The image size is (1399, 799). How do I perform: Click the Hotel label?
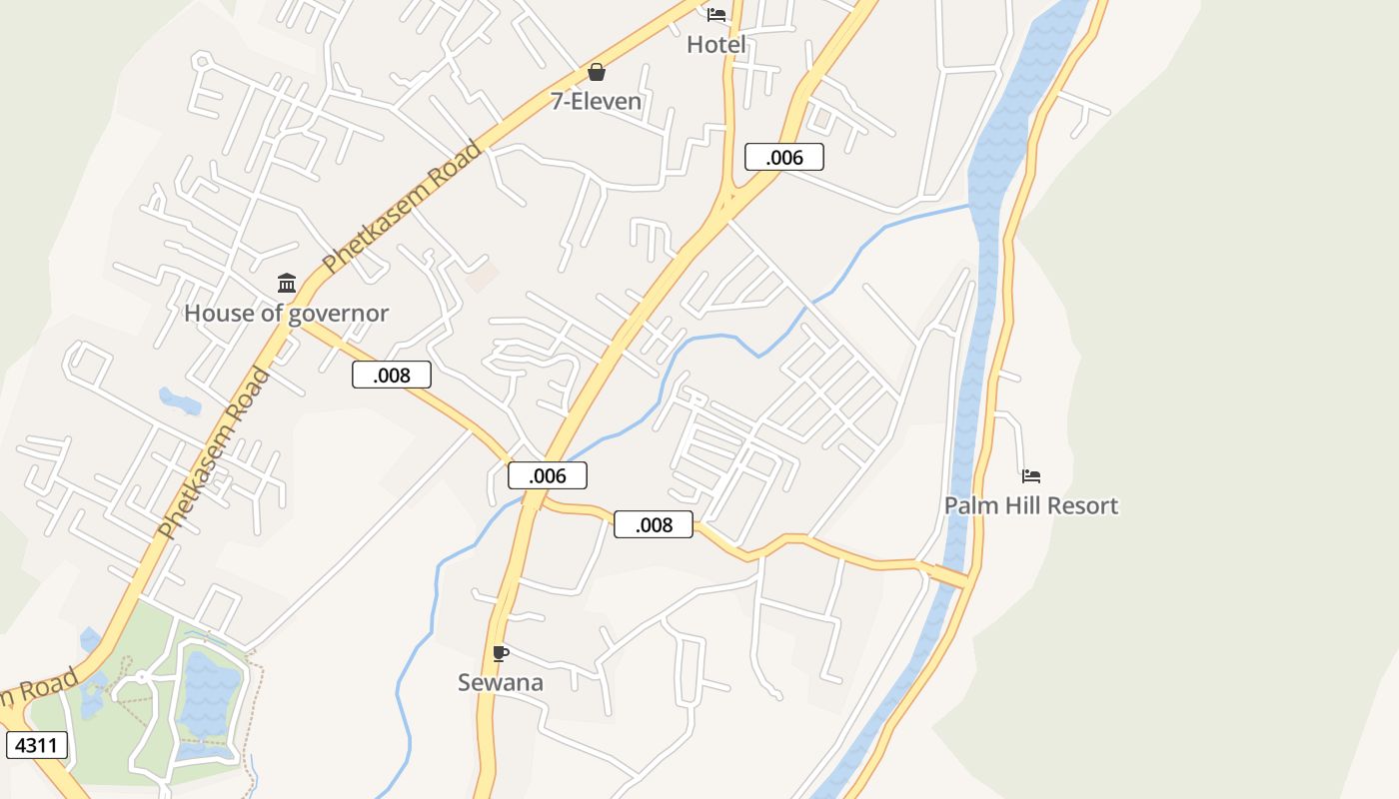click(716, 45)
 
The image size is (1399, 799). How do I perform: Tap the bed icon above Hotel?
click(716, 14)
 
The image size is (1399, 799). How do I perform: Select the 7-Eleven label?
click(597, 101)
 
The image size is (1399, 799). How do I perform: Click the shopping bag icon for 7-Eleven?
click(597, 72)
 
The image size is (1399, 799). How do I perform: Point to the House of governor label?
click(286, 314)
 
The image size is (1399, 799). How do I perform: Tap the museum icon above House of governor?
click(287, 284)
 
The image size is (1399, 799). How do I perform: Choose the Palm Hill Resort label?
click(1031, 505)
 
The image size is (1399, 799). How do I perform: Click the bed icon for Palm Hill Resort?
click(1031, 476)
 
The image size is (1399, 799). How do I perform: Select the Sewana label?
click(501, 683)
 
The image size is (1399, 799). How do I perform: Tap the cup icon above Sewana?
click(501, 654)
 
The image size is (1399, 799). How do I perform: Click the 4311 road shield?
click(37, 745)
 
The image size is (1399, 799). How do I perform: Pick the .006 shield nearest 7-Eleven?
click(784, 157)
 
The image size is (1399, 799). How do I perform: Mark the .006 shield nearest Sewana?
click(548, 475)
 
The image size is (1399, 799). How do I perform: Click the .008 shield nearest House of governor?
click(392, 375)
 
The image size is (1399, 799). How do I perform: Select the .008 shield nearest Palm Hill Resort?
click(654, 524)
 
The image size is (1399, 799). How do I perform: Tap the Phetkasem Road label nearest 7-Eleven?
click(402, 208)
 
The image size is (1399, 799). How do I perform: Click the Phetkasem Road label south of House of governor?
click(214, 453)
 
